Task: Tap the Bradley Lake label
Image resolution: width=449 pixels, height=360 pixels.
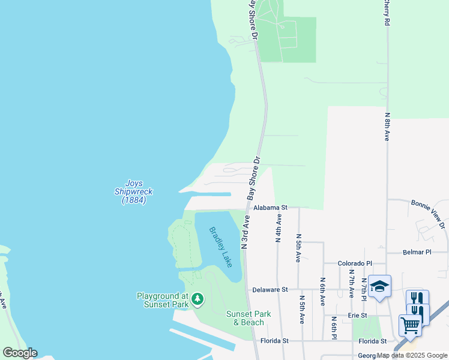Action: (220, 247)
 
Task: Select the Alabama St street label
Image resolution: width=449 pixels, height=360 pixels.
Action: (270, 207)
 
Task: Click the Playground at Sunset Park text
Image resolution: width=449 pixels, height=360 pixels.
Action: (163, 300)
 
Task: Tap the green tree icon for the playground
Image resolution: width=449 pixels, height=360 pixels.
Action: (197, 299)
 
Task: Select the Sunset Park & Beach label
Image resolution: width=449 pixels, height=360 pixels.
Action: (249, 318)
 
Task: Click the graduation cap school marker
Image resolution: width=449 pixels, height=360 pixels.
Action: (379, 287)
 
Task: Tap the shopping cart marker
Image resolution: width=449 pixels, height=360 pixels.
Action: (411, 326)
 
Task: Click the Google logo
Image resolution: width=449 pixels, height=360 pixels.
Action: (20, 353)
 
